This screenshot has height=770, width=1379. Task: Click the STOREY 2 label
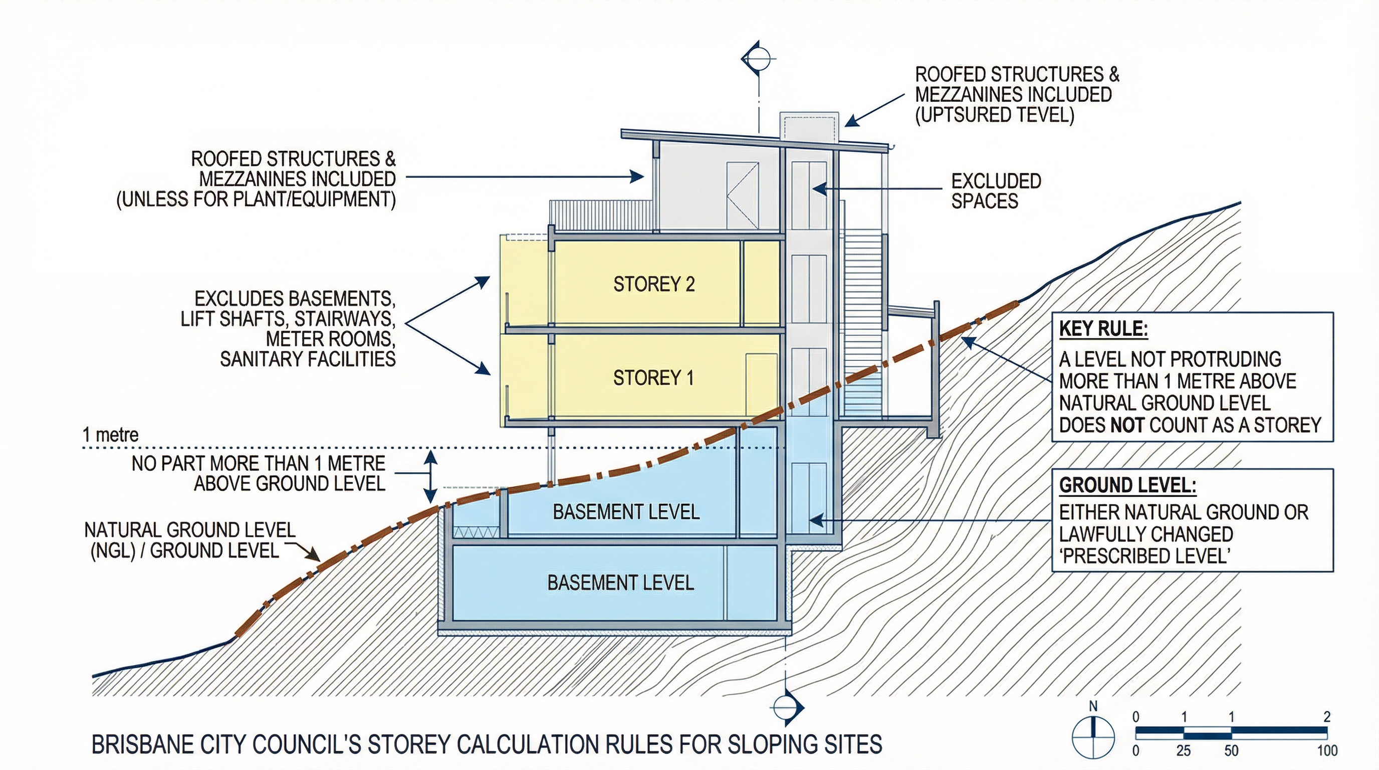tap(653, 284)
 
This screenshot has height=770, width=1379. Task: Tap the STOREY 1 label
tap(653, 378)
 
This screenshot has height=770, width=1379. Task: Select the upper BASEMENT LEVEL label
tap(626, 512)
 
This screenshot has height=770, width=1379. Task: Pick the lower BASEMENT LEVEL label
tap(620, 583)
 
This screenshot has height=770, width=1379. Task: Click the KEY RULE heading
tap(1103, 328)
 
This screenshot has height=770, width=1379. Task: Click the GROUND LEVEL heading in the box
tap(1127, 485)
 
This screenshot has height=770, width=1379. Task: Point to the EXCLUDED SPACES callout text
tap(996, 191)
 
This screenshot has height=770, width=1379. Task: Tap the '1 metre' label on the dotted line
tap(110, 435)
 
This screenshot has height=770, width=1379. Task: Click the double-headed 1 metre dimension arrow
tap(431, 474)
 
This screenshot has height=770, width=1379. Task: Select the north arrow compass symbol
tap(1093, 737)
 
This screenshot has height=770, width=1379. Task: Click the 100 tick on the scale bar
tap(1327, 750)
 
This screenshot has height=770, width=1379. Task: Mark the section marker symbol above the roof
tap(758, 57)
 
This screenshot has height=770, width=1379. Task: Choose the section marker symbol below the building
tap(787, 707)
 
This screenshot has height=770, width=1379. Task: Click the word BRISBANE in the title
tap(141, 745)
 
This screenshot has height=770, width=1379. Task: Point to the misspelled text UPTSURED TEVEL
tap(995, 115)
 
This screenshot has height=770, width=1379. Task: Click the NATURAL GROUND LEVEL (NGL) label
tap(189, 540)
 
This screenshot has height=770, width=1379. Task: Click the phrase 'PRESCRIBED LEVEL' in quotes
tap(1144, 556)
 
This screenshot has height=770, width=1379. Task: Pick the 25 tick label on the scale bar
tap(1183, 750)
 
